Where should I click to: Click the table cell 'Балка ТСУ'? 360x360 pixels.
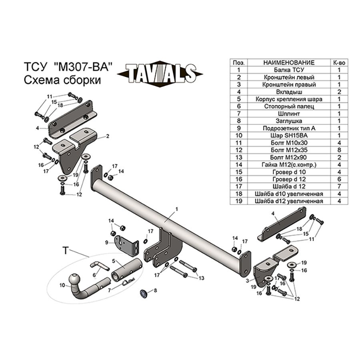coord(289,70)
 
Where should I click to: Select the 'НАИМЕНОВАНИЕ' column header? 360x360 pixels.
coord(289,62)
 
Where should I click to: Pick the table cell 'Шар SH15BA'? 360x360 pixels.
coord(289,135)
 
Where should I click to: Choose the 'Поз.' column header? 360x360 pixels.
coord(238,62)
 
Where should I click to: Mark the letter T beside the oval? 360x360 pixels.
coord(65,250)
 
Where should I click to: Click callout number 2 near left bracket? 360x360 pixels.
coord(108,136)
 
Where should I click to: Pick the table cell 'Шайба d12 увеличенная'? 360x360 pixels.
coord(289,201)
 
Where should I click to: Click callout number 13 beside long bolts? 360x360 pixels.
coord(201,278)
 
